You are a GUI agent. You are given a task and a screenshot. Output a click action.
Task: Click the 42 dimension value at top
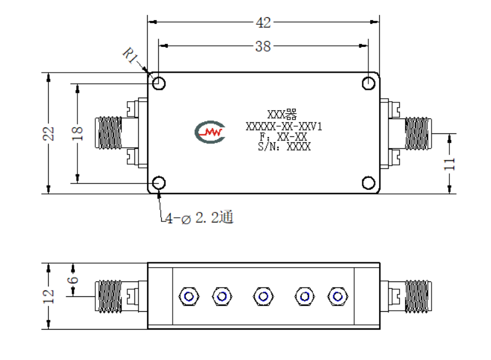[x=263, y=23]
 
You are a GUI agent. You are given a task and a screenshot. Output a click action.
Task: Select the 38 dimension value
[x=262, y=46]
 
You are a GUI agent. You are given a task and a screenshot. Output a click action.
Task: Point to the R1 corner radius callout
[x=130, y=55]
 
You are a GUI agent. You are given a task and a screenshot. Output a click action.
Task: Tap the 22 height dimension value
[x=49, y=134]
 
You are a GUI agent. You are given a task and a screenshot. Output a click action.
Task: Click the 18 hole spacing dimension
[x=77, y=134]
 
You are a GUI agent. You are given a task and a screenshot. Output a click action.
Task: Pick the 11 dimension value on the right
[x=449, y=164]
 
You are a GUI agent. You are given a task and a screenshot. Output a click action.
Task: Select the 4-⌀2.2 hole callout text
[x=199, y=218]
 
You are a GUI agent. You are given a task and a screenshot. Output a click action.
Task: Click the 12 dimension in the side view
[x=49, y=296]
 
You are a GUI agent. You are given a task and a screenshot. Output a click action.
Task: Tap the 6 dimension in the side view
[x=73, y=280]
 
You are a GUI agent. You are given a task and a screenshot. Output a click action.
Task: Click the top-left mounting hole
[x=159, y=83]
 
